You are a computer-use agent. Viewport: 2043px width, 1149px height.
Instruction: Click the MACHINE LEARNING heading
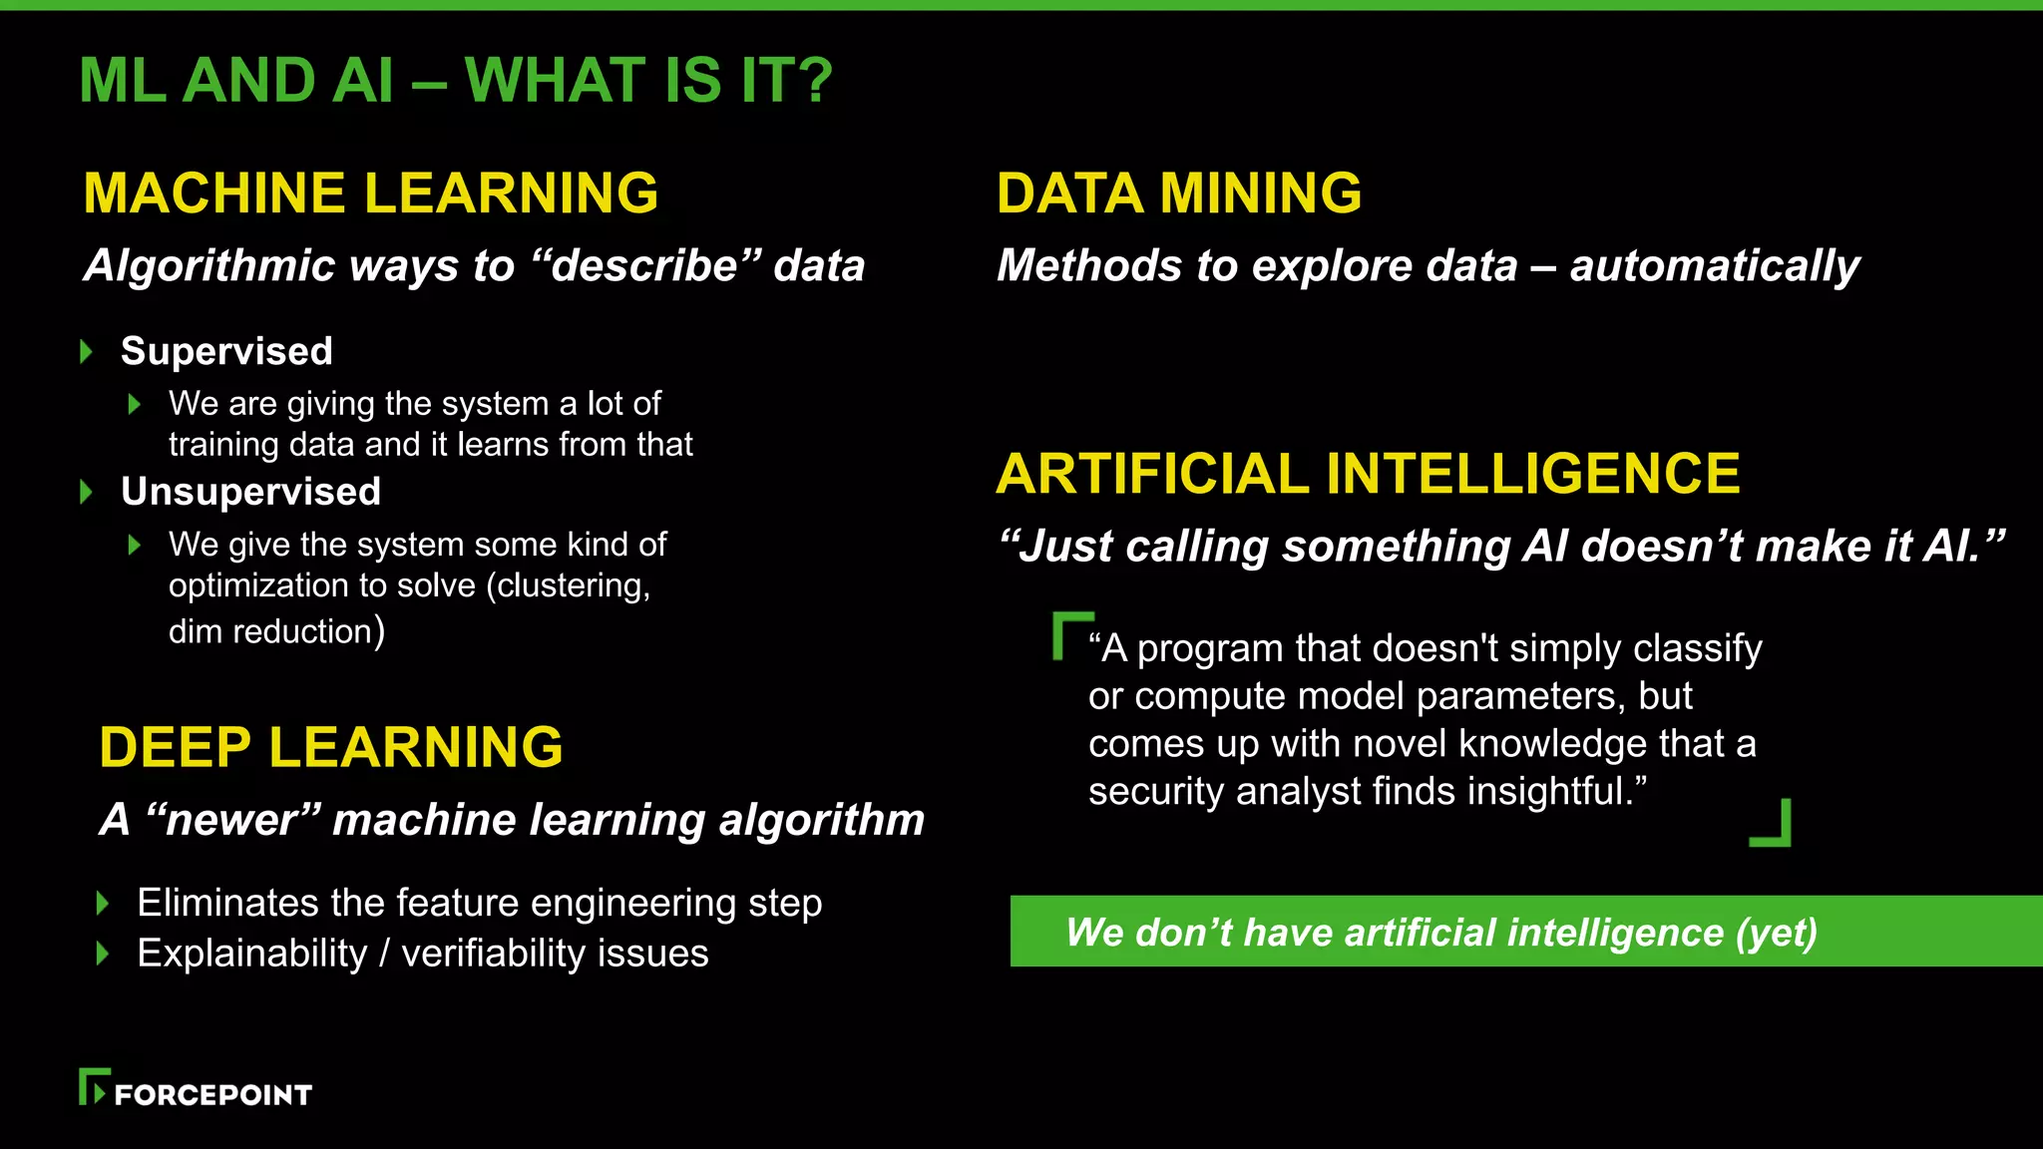[370, 193]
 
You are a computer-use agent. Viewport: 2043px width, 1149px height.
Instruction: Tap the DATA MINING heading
[1179, 193]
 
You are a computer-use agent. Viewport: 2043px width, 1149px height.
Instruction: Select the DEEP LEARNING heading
[331, 748]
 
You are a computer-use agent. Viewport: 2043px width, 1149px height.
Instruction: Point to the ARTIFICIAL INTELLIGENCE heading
[1368, 474]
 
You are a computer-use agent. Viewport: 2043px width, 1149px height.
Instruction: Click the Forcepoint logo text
[212, 1095]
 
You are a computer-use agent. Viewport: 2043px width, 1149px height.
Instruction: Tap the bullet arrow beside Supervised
[87, 351]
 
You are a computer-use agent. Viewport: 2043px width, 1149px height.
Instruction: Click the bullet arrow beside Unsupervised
[87, 492]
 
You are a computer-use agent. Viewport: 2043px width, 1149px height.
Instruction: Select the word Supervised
[226, 351]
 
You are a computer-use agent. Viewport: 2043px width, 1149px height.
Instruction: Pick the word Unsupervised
[250, 492]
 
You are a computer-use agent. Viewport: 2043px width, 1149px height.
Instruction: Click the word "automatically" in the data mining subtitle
[1715, 266]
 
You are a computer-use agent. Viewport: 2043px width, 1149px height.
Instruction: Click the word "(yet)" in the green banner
[1776, 934]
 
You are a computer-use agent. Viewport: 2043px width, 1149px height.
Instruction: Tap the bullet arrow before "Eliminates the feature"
[102, 904]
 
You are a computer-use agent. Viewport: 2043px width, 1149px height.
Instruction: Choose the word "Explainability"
[252, 955]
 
